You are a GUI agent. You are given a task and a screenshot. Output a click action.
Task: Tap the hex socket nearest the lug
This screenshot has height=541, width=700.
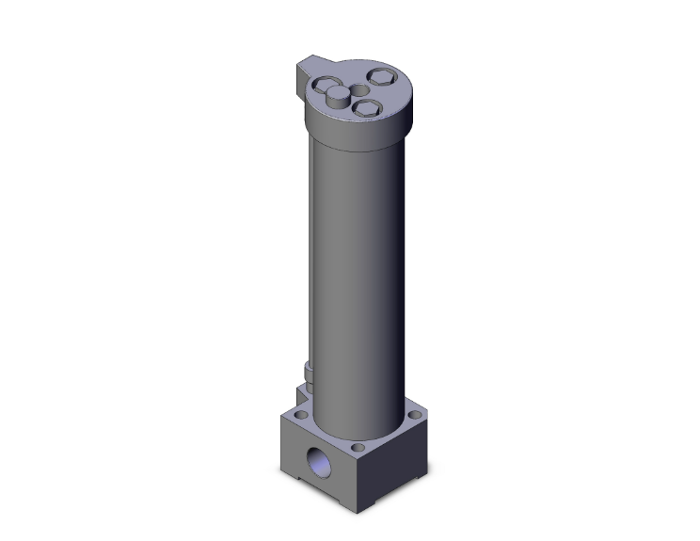point(332,92)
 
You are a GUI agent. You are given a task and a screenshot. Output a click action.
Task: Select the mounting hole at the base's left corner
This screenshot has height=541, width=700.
point(302,413)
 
